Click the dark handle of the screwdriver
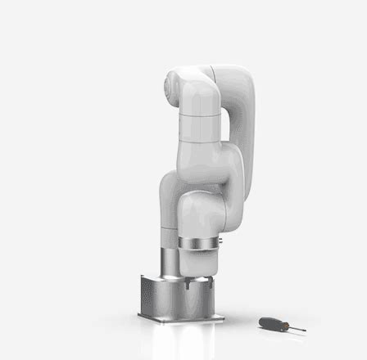(270, 322)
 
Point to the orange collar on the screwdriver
(282, 325)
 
